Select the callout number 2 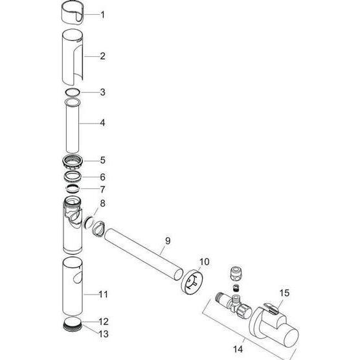tap(103, 56)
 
